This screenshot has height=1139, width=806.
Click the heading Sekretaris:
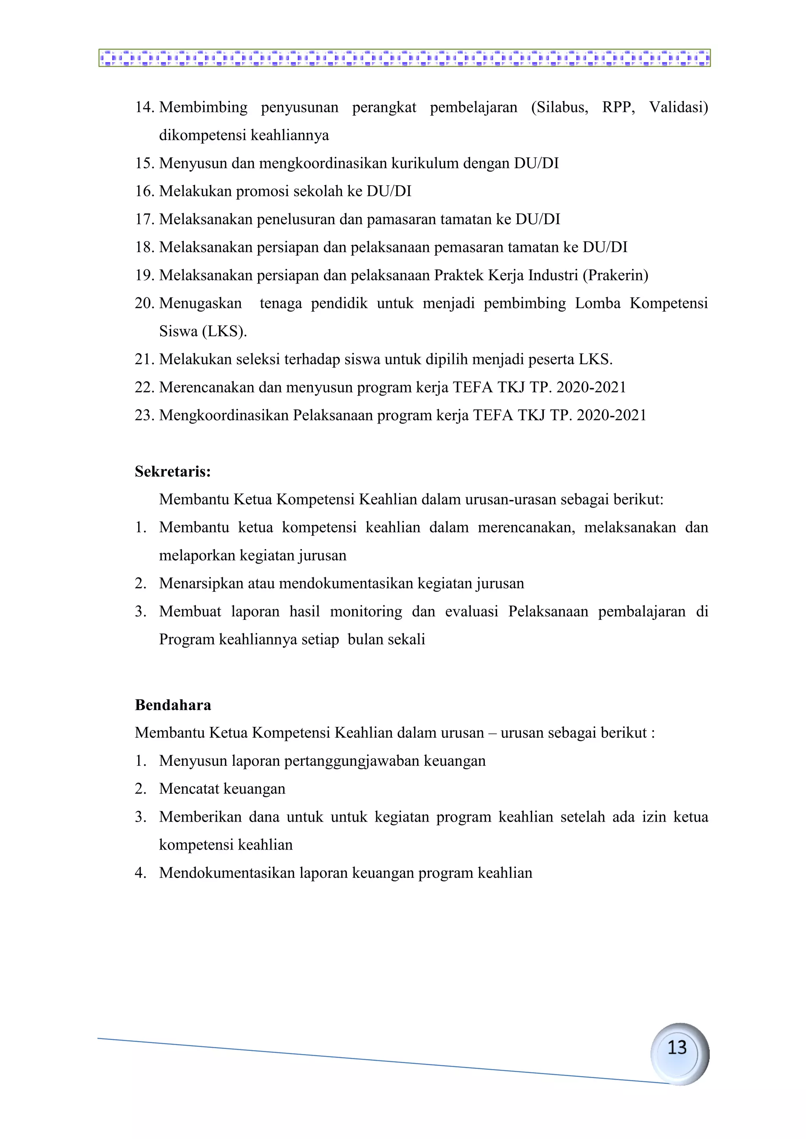[x=173, y=471]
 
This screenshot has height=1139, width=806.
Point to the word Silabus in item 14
[x=559, y=107]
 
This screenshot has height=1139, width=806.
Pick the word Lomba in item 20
[x=597, y=303]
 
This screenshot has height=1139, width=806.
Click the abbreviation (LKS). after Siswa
[x=224, y=332]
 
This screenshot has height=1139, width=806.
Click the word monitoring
[x=366, y=611]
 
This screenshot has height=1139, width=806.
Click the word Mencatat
[x=189, y=789]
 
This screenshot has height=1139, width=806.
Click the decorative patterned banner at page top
[x=405, y=58]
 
